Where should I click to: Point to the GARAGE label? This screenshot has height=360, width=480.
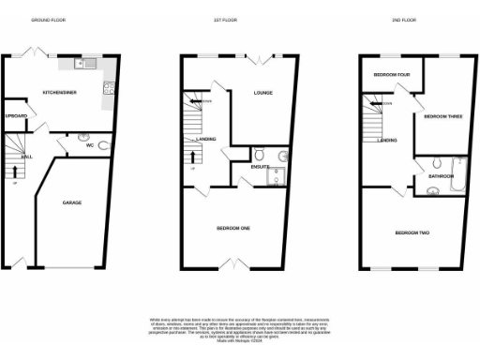[71, 202]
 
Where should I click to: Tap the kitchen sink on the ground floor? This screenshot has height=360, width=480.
[82, 65]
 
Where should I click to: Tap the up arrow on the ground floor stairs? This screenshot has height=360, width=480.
[15, 172]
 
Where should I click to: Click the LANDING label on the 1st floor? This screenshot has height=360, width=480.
[206, 139]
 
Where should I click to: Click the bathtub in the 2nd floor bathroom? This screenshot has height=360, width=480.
[452, 171]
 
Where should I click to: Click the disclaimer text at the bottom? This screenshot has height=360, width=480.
[238, 329]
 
